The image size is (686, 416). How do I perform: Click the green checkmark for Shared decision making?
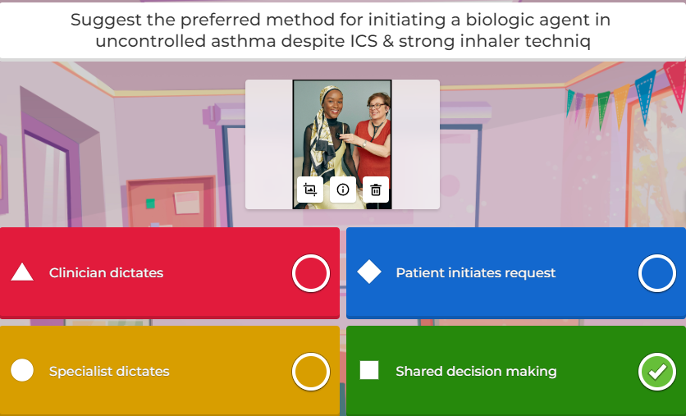656,372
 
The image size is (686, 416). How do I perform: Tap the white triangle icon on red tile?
22,272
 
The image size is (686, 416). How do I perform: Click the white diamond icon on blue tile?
369,272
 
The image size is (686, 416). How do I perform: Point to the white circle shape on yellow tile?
22,370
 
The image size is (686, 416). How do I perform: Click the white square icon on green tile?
369,370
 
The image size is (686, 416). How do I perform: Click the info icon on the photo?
343,190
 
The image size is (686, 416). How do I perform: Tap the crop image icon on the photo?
310,190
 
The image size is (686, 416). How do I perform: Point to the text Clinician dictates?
106,272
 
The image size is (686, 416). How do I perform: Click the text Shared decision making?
476,371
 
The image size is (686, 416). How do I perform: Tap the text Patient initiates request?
476,272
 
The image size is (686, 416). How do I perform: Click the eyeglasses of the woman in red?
377,106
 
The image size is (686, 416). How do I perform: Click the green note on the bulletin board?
150,203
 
